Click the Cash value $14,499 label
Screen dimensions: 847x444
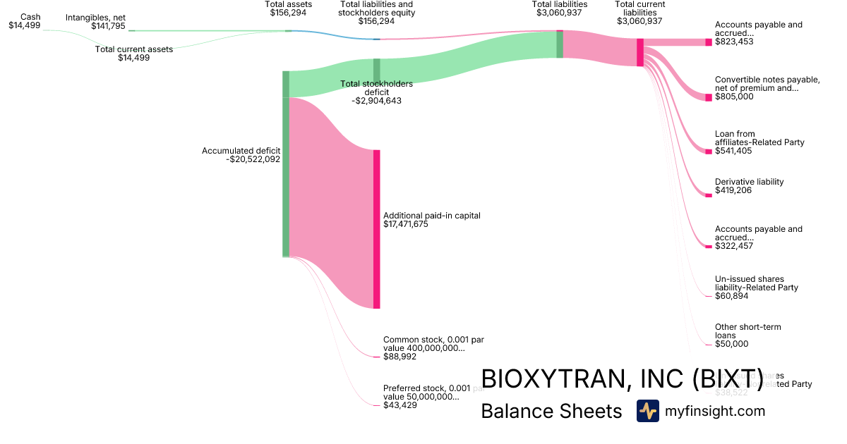25,25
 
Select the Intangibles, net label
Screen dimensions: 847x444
95,18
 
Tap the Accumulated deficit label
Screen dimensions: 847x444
241,151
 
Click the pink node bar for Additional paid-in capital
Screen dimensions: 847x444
376,229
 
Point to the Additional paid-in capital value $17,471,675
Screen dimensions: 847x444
406,225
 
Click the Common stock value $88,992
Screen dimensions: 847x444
400,357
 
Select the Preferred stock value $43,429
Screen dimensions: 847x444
400,405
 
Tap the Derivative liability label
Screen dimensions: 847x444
749,182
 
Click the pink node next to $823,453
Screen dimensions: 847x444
708,42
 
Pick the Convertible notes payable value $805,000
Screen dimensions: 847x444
734,97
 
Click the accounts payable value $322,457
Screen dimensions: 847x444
734,246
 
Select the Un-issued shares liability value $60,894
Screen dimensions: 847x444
731,296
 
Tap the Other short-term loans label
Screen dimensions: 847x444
747,331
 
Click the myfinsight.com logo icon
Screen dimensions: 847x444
647,411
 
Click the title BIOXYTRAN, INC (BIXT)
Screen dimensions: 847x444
621,378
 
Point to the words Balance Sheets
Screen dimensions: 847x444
551,412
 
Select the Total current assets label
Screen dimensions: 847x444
134,49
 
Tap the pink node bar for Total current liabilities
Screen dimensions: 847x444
640,52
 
